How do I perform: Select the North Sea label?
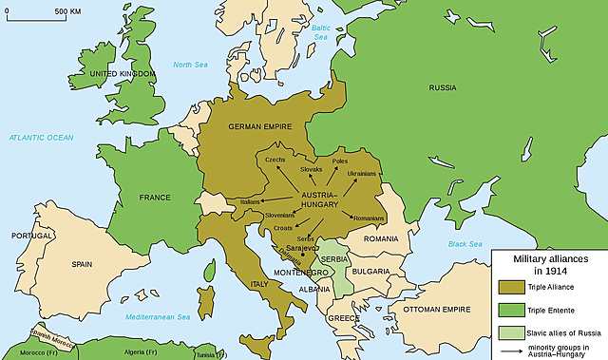190,65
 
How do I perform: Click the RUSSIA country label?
443,87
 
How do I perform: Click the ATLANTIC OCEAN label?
41,138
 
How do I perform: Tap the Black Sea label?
465,244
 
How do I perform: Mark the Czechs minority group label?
275,160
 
